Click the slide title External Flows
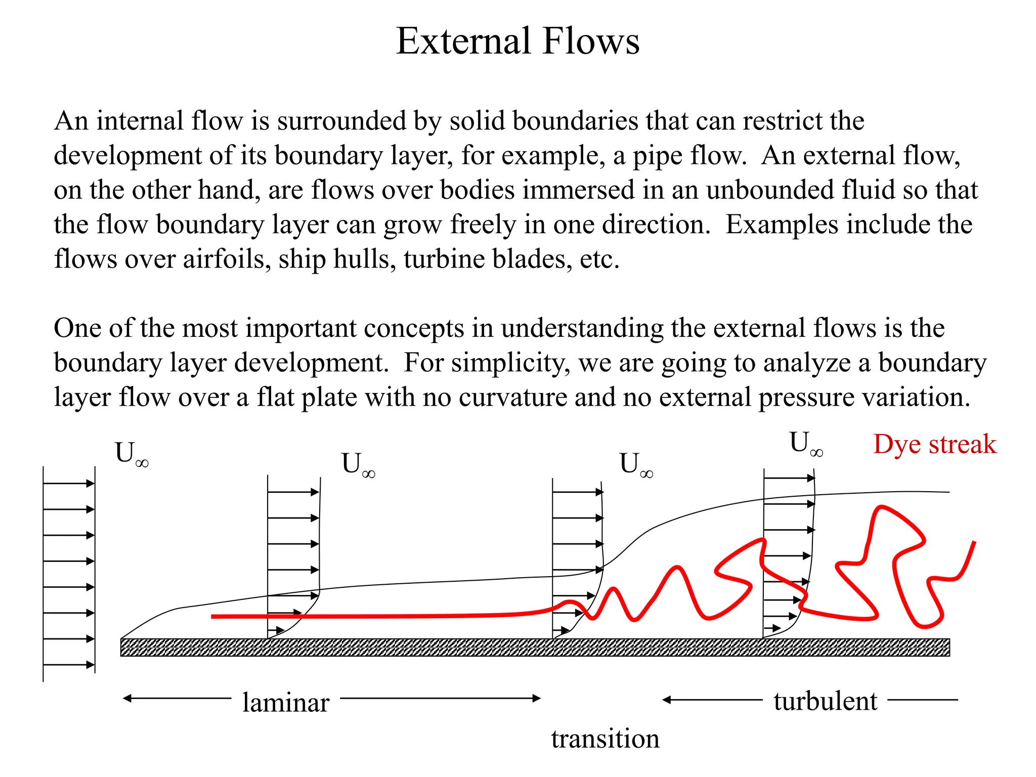coord(517,41)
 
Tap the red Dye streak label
coord(934,445)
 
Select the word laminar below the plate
coord(285,703)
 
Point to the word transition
coord(605,739)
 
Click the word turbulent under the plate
coord(825,701)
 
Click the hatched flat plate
coord(535,647)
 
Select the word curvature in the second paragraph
coord(513,397)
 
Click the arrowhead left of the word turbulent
coord(667,700)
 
